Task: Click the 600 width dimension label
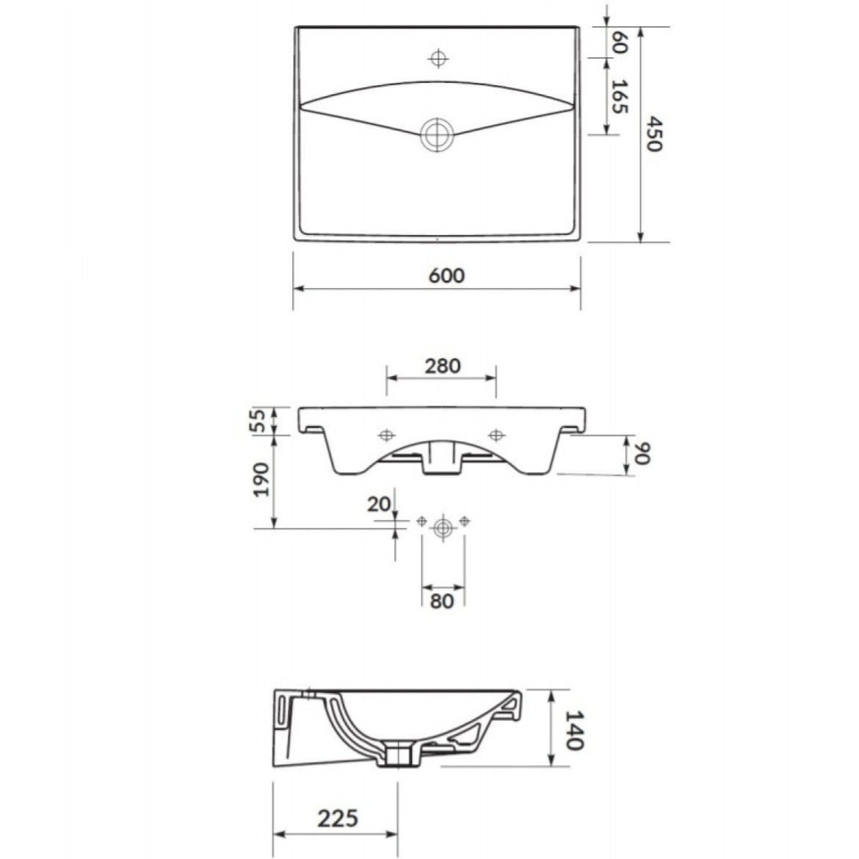pos(446,275)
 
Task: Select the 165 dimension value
pos(619,96)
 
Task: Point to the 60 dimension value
pos(618,42)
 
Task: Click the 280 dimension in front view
pos(443,366)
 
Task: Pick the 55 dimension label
pos(260,420)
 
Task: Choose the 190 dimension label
pos(261,479)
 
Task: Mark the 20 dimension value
pos(379,504)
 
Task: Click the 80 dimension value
pos(442,601)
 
